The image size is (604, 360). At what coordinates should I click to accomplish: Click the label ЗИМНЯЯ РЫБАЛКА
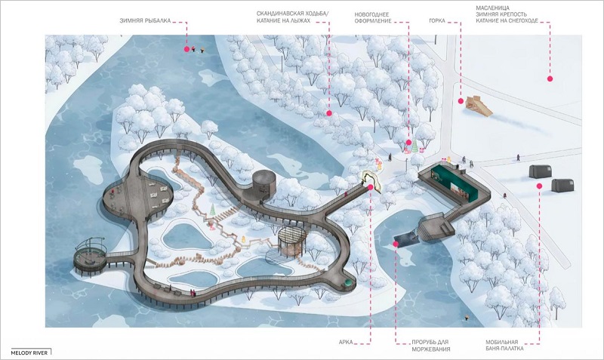145,21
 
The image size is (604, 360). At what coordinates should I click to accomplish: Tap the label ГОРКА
437,21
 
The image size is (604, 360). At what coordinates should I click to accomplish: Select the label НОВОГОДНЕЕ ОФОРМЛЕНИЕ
373,17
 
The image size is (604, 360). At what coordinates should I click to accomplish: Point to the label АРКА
346,342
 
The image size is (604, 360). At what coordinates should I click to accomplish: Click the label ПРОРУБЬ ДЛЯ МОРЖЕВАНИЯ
430,346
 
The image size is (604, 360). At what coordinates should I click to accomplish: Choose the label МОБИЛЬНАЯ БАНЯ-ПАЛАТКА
504,345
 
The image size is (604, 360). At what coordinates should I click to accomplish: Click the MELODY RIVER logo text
29,352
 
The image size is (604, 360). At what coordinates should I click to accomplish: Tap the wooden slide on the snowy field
479,106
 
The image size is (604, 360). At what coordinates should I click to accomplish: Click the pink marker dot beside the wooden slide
461,101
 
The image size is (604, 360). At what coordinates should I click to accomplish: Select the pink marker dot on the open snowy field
550,78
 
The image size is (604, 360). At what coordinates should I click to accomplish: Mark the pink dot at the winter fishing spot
186,49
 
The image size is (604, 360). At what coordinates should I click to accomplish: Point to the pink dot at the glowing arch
370,187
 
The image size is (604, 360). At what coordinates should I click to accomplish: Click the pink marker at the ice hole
395,244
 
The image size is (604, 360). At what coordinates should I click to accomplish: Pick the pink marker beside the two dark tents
540,186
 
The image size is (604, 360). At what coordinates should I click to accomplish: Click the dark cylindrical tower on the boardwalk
264,184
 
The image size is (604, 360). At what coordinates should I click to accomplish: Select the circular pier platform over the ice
90,259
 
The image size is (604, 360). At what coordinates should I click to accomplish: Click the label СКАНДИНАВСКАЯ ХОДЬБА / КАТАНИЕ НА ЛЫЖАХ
293,17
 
